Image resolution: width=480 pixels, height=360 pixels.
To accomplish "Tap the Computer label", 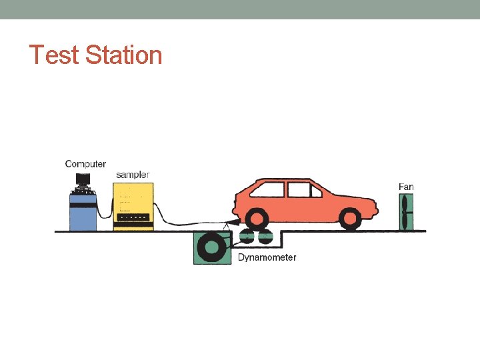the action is [85, 164].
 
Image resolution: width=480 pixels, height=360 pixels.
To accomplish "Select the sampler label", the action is [133, 175].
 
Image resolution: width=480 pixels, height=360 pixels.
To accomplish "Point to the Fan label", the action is [406, 187].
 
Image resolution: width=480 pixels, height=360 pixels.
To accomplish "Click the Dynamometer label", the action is [267, 257].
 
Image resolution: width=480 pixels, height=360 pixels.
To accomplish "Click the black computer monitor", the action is [83, 179].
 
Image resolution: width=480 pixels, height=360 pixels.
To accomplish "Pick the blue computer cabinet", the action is [83, 211].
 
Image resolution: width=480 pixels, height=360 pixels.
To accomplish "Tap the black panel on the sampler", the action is [133, 217].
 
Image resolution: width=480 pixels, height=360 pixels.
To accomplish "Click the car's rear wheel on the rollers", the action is [256, 219].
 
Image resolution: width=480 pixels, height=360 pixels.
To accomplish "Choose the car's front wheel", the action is [350, 219].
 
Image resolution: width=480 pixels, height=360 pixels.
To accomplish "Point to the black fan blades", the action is [405, 213].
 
